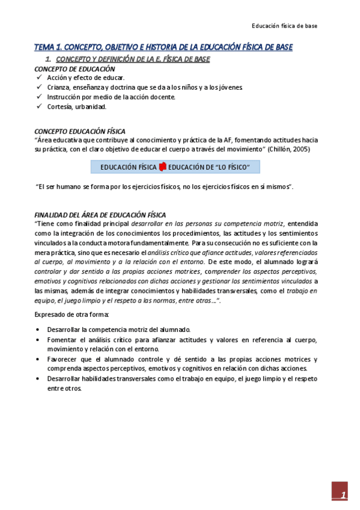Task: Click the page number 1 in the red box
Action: pyautogui.click(x=343, y=495)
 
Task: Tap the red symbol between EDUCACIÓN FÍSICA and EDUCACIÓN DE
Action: pyautogui.click(x=162, y=167)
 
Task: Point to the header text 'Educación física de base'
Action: pyautogui.click(x=284, y=26)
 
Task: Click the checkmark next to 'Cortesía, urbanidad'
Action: pyautogui.click(x=39, y=107)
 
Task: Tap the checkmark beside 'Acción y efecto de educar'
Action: pyautogui.click(x=39, y=78)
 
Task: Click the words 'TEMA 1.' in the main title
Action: pyautogui.click(x=47, y=47)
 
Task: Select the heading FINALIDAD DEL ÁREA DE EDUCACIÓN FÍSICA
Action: pyautogui.click(x=100, y=215)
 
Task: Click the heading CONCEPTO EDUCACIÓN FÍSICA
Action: pyautogui.click(x=80, y=131)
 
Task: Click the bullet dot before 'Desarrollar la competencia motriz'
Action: pyautogui.click(x=38, y=330)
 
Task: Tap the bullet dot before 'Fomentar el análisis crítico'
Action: pyautogui.click(x=38, y=340)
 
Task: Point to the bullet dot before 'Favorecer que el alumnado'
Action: pyautogui.click(x=38, y=359)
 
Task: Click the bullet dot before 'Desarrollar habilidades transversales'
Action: pyautogui.click(x=38, y=379)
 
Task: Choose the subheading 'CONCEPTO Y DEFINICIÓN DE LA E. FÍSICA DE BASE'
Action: pyautogui.click(x=133, y=60)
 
